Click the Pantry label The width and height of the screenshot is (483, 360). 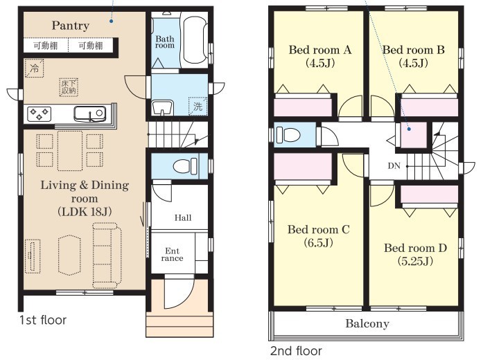tap(71, 26)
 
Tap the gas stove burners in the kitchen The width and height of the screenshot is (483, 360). tap(39, 114)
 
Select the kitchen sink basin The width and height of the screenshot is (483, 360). tap(89, 114)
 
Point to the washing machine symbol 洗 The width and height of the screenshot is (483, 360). tap(197, 106)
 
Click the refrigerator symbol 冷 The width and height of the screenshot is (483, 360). tap(34, 69)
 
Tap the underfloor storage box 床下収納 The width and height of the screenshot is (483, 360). tap(69, 87)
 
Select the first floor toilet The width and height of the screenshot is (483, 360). tap(185, 166)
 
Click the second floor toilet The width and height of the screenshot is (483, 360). tap(288, 135)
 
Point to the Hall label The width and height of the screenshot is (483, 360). tap(183, 218)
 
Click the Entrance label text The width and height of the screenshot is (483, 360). tap(172, 255)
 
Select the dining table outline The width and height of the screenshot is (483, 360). tap(70, 151)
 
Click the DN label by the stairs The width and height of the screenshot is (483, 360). tap(394, 166)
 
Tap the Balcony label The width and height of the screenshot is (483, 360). tap(367, 324)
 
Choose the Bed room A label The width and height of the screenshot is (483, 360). tap(319, 50)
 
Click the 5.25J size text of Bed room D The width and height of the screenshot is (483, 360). tap(415, 261)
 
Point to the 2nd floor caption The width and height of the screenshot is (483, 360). tap(296, 351)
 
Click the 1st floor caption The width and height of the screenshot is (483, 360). tap(43, 320)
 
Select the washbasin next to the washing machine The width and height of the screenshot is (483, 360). tap(161, 108)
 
